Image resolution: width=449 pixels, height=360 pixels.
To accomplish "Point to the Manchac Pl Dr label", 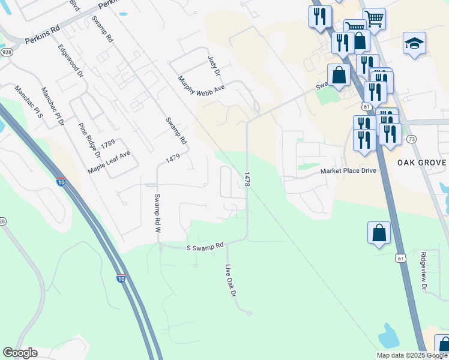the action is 53,106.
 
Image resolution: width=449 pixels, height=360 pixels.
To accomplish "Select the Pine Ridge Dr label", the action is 90,140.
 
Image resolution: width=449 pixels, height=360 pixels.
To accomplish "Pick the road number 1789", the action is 108,143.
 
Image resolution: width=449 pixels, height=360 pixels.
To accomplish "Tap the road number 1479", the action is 173,159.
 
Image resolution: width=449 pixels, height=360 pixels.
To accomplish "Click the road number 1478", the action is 247,179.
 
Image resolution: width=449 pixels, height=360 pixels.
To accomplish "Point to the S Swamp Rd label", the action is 205,246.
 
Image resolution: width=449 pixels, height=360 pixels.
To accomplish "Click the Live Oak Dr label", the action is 231,280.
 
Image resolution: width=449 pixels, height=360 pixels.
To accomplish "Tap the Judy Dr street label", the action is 214,65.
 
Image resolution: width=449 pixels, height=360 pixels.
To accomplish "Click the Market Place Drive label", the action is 348,170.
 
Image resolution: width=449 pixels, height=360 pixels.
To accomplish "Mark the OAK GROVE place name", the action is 422,163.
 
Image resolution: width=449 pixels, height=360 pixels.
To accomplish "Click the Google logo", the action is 20,353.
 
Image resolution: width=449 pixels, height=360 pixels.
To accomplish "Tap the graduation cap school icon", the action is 414,43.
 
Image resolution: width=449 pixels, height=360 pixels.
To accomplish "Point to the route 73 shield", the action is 411,139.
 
